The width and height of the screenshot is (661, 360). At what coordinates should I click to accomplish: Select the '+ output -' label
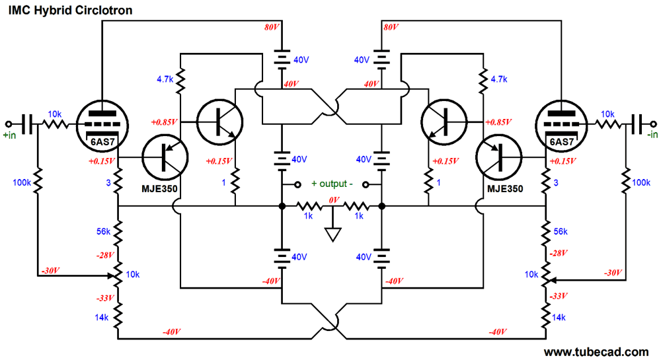pos(333,184)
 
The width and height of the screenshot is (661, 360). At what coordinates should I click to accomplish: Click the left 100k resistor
pos(37,178)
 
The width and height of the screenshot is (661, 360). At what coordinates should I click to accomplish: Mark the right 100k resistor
pos(624,178)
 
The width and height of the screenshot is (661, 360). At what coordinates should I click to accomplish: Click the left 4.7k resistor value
pos(165,79)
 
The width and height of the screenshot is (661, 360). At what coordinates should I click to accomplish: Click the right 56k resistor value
pos(560,233)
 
